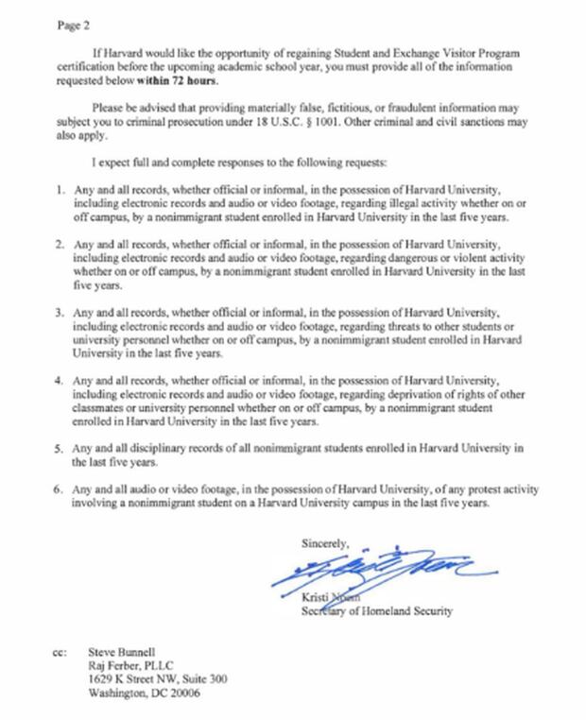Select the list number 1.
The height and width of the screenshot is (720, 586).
(x=60, y=190)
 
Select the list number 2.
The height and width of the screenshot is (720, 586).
(x=60, y=243)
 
